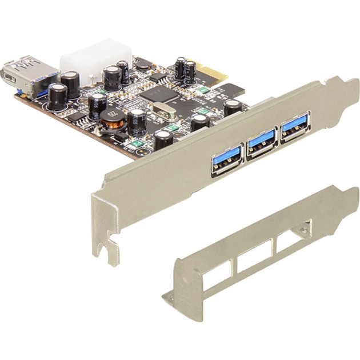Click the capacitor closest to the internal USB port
[x=57, y=95]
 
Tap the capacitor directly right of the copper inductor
[x=137, y=121]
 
